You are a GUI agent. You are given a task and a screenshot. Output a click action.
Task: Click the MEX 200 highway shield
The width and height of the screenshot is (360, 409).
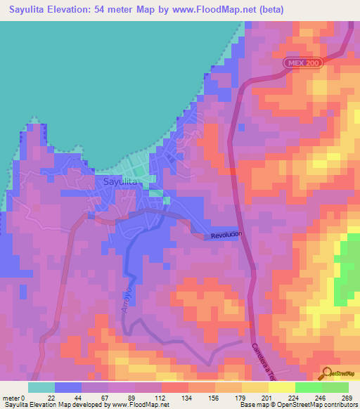[304, 63]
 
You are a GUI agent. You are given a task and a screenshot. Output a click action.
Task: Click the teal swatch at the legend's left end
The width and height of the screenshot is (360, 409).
[41, 387]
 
